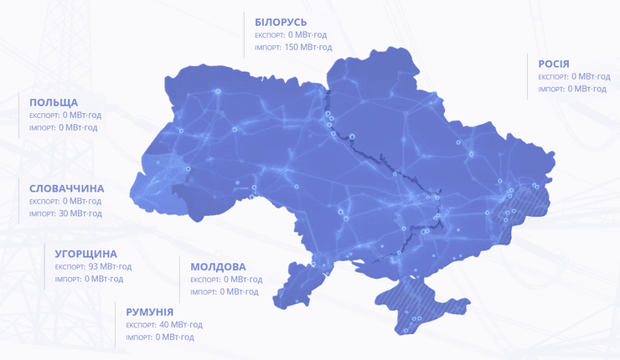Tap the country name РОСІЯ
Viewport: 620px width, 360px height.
[x=554, y=64]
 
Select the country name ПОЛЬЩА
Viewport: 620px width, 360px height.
[x=54, y=102]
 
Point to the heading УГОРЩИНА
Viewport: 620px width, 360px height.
[x=85, y=254]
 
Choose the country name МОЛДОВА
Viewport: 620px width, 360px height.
[x=218, y=266]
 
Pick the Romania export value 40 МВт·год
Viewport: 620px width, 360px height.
[x=180, y=324]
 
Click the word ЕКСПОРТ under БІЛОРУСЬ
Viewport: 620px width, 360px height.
[x=269, y=35]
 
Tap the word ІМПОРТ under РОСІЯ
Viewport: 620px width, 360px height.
[x=551, y=89]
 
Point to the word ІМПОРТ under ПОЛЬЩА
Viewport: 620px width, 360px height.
[x=42, y=128]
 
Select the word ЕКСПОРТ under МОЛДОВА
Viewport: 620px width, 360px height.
[x=204, y=280]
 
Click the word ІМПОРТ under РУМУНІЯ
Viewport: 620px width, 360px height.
[x=138, y=337]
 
